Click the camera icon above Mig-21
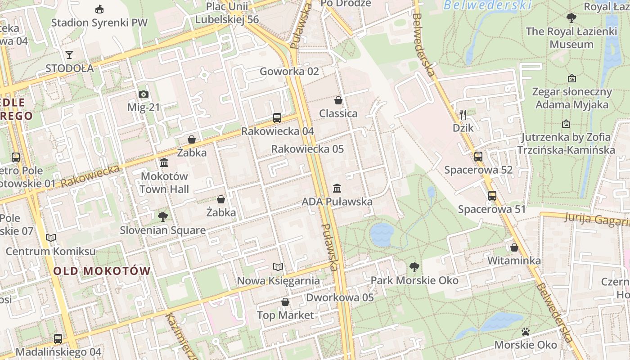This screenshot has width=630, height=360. (144, 94)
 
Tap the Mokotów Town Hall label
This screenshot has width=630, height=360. (164, 182)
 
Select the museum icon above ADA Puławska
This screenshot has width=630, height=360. (337, 188)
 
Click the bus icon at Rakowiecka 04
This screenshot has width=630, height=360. (277, 118)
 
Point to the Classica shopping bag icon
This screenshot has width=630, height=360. (338, 100)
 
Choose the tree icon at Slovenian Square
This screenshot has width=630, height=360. (163, 217)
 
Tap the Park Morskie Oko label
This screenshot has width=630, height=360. (414, 280)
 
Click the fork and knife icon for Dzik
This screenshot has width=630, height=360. (463, 114)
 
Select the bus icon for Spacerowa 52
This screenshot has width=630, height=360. (478, 157)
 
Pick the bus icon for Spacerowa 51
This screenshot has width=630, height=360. (492, 196)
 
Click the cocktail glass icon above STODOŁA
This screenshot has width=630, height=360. (69, 55)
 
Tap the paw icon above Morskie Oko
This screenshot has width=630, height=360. (526, 332)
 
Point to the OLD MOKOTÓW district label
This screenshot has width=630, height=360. (102, 271)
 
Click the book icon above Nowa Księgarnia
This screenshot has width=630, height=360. (279, 267)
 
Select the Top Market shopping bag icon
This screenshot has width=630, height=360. (285, 301)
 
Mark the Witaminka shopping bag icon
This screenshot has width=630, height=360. (514, 247)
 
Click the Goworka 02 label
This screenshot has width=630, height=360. (289, 71)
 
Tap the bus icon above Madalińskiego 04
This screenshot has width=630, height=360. (58, 338)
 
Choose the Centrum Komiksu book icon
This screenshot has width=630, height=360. (51, 238)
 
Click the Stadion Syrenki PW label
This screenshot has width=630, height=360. (99, 22)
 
